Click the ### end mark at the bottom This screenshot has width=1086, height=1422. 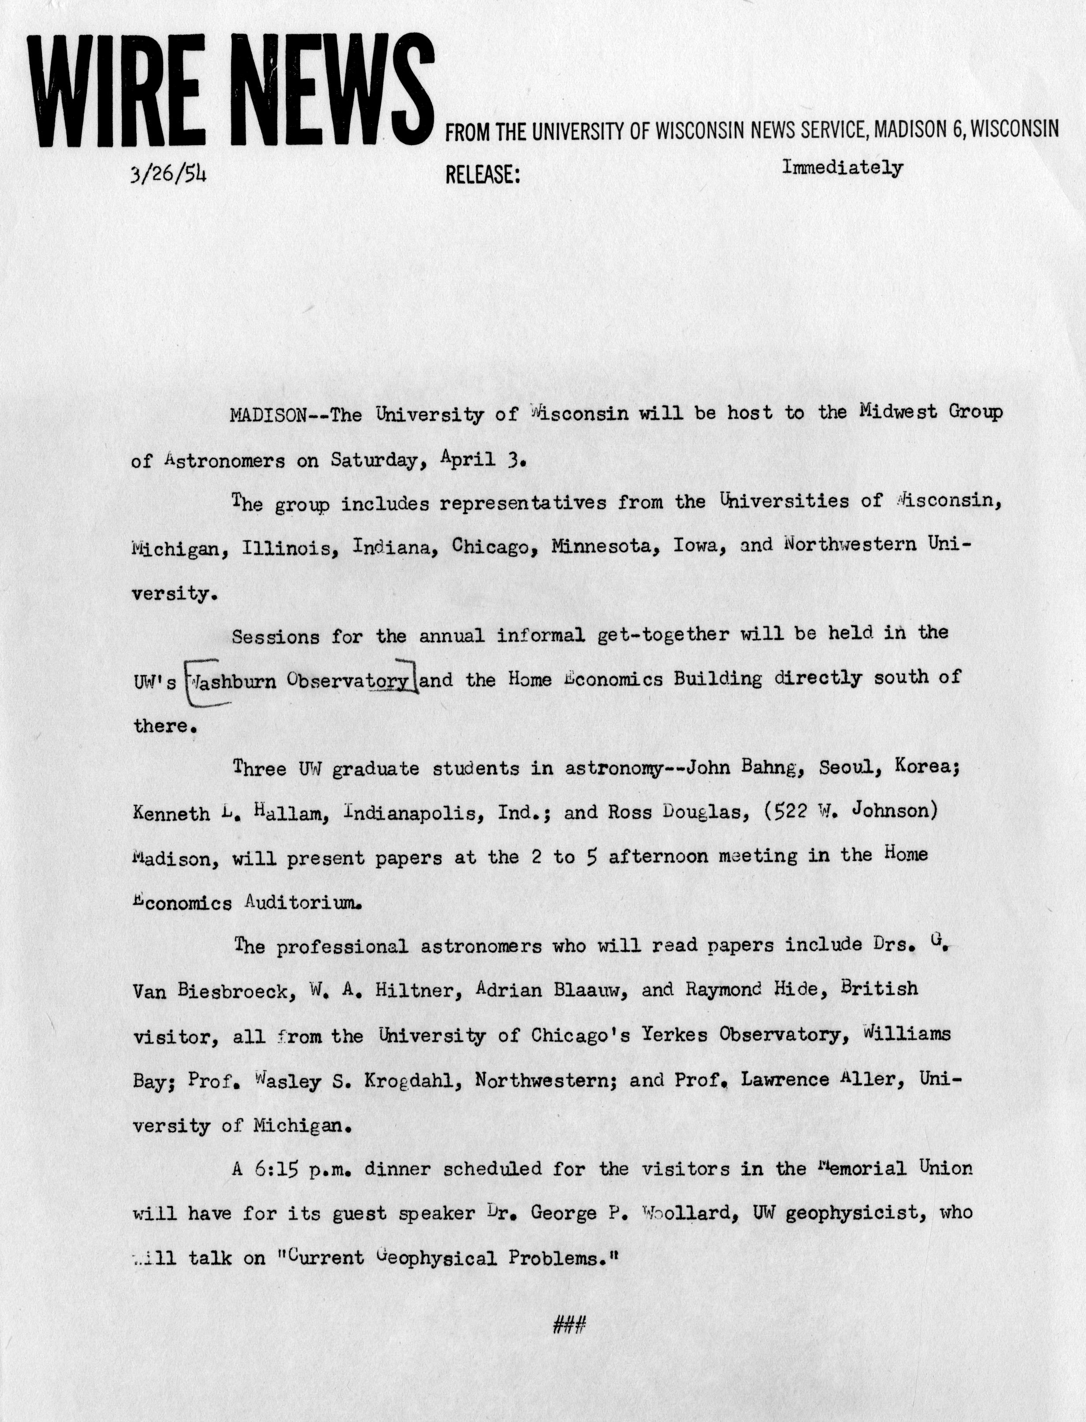(x=569, y=1325)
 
